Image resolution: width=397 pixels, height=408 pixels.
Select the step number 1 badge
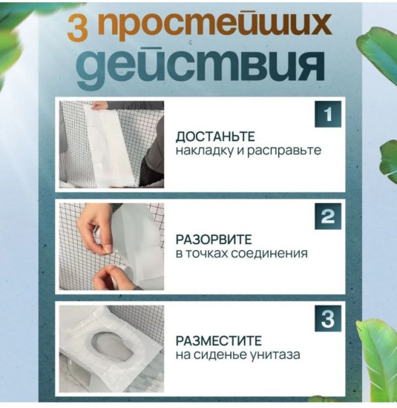(x=327, y=115)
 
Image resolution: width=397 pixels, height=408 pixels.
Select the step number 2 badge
(x=327, y=216)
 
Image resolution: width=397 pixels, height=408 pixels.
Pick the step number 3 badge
(x=327, y=318)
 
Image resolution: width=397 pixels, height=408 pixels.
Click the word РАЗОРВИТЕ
(x=214, y=239)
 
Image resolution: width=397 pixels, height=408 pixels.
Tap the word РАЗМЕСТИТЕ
(x=218, y=341)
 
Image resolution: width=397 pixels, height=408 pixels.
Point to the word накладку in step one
(x=204, y=151)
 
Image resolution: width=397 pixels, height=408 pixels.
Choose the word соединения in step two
(x=270, y=253)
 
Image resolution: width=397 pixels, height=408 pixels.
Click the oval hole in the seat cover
(x=111, y=342)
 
